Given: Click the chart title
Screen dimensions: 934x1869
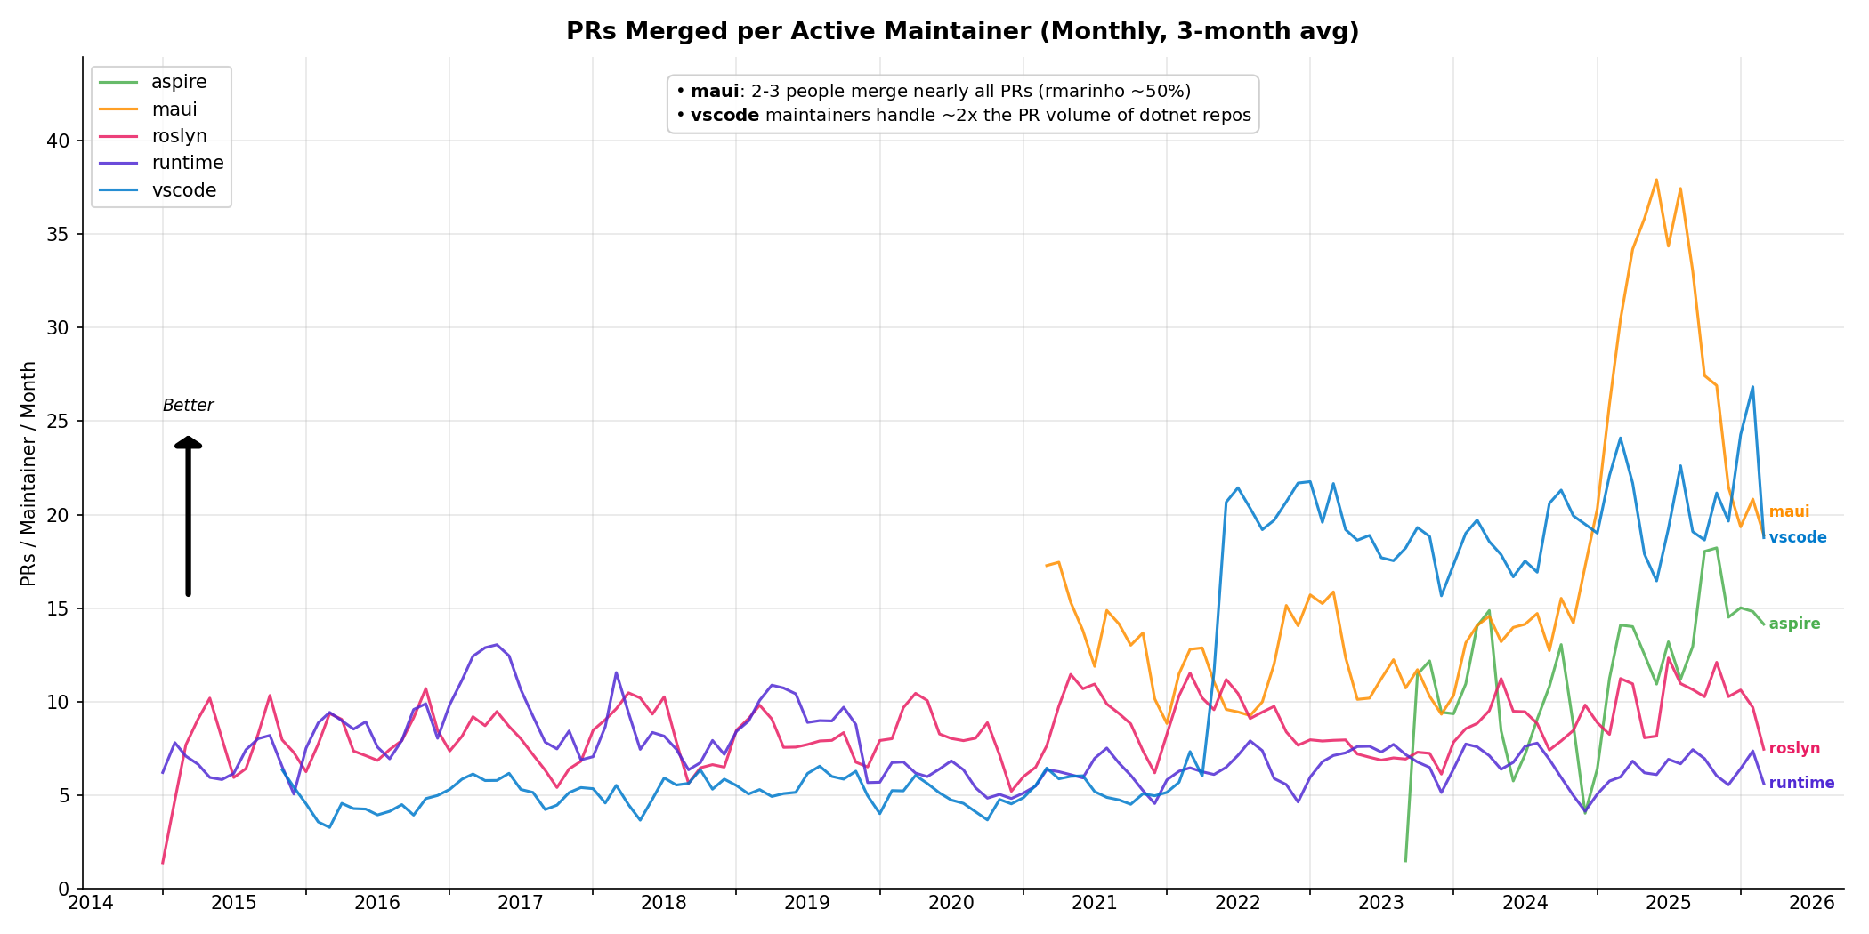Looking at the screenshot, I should (x=962, y=32).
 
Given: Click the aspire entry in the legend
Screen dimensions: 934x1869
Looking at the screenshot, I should (x=178, y=82).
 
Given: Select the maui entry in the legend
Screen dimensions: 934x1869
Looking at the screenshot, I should (x=174, y=109).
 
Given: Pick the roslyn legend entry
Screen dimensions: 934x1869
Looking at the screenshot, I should (x=178, y=136).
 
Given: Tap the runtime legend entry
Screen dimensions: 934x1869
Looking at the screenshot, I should (x=187, y=163).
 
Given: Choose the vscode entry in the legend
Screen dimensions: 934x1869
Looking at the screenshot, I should (x=183, y=190).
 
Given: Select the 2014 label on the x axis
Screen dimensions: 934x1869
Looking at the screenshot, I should (x=91, y=904).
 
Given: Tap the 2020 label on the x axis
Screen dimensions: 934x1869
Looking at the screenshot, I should (x=951, y=904).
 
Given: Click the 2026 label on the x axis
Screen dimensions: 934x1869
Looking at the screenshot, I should (x=1812, y=904).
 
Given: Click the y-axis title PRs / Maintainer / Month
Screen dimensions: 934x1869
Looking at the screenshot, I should (x=28, y=473).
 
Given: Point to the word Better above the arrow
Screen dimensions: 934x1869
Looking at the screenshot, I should (x=188, y=406).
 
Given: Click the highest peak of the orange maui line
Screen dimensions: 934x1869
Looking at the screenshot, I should (x=1656, y=180).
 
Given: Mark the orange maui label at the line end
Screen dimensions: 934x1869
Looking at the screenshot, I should (x=1789, y=512).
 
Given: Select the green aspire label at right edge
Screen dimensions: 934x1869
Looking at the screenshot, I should (x=1794, y=624).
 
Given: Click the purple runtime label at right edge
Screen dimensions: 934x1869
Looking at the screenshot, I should (x=1801, y=784).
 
